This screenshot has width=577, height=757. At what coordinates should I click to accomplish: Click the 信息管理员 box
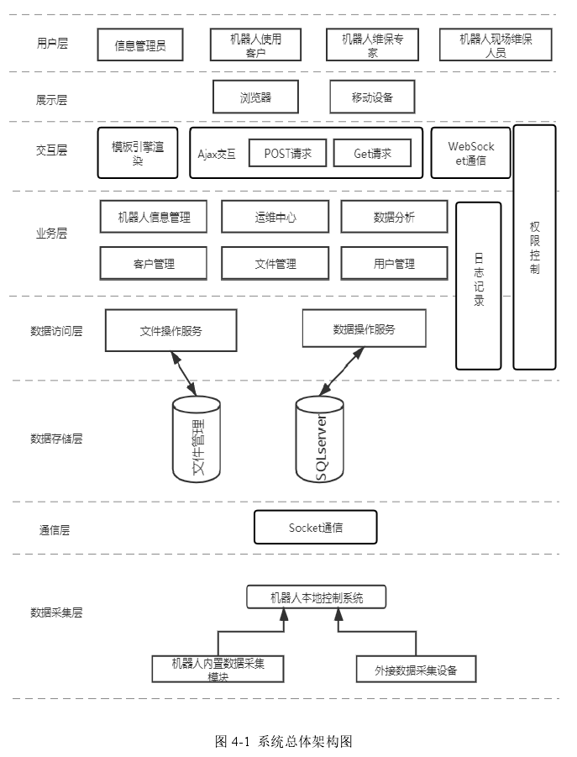pyautogui.click(x=141, y=45)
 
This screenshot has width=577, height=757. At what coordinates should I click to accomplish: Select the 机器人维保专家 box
pyautogui.click(x=372, y=45)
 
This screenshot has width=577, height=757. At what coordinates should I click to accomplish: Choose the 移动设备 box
pyautogui.click(x=372, y=97)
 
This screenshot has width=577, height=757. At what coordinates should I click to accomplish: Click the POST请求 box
pyautogui.click(x=287, y=153)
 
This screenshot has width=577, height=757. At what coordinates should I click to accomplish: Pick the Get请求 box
pyautogui.click(x=372, y=153)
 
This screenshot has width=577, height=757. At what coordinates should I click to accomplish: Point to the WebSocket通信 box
pyautogui.click(x=470, y=153)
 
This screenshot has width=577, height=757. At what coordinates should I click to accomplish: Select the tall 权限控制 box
pyautogui.click(x=534, y=247)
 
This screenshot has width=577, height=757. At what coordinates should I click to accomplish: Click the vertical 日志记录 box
pyautogui.click(x=478, y=286)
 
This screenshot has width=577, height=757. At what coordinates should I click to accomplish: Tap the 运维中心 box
pyautogui.click(x=275, y=217)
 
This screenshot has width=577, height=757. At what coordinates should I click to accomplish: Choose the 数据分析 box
pyautogui.click(x=394, y=217)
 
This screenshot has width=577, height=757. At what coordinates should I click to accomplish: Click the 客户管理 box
pyautogui.click(x=154, y=263)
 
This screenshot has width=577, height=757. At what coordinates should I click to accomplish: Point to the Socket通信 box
pyautogui.click(x=315, y=528)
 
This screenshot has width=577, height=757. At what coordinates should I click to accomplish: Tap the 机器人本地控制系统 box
pyautogui.click(x=316, y=597)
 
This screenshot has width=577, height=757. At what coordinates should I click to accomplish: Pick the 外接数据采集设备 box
pyautogui.click(x=416, y=670)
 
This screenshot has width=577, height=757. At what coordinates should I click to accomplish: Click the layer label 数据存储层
pyautogui.click(x=56, y=438)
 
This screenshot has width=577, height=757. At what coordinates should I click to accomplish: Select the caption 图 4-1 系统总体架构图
pyautogui.click(x=283, y=741)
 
